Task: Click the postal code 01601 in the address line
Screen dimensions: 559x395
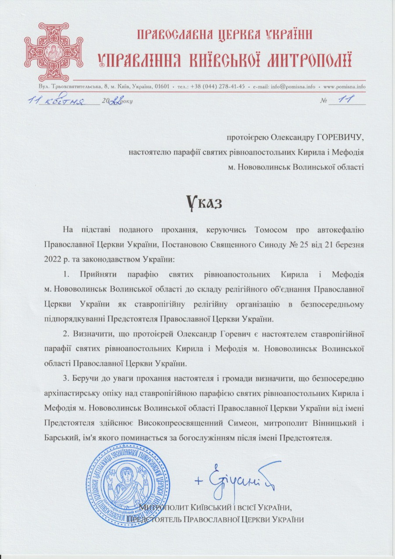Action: point(162,86)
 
